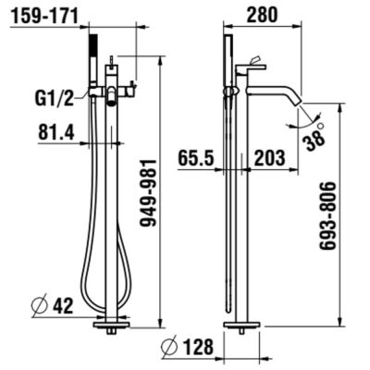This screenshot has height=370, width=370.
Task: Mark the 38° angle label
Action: pyautogui.click(x=316, y=136)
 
